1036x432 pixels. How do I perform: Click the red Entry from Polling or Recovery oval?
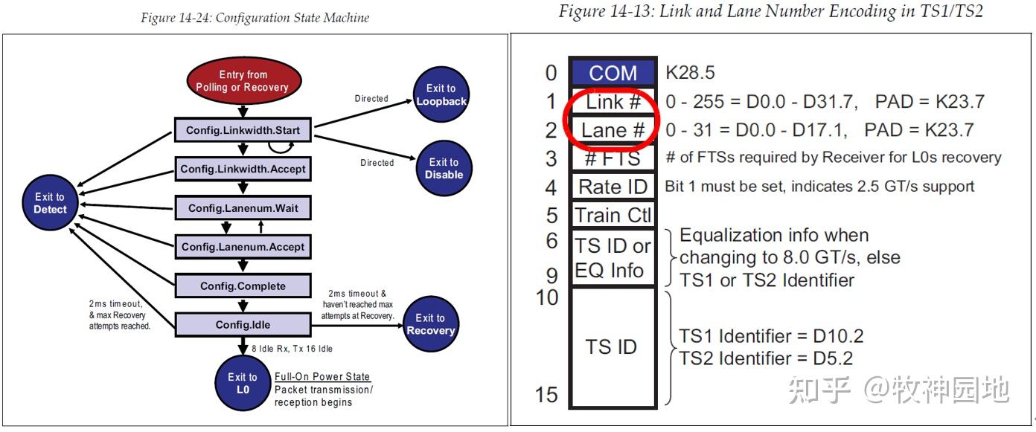(243, 81)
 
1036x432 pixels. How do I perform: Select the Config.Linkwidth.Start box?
(243, 130)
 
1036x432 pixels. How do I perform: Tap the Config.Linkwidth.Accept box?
(243, 169)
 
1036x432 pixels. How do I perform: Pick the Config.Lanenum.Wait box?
(243, 208)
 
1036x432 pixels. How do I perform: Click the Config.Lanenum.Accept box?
(243, 247)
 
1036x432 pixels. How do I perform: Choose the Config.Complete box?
(243, 286)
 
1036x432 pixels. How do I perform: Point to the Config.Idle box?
(243, 325)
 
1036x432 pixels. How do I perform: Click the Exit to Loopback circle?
(441, 94)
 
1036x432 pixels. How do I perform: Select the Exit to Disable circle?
(444, 168)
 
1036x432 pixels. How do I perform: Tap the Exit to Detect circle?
(50, 203)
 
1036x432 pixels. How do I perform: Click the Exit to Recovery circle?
(430, 324)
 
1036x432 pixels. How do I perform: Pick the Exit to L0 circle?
(243, 383)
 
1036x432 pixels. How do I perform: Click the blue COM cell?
(613, 73)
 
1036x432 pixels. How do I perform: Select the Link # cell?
(613, 102)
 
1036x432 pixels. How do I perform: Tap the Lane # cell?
(613, 130)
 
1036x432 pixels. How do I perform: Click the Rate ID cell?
(613, 187)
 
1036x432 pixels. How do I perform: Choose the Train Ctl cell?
(613, 216)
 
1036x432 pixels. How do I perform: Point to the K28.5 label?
(689, 73)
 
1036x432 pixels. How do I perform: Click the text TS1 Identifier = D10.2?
(771, 336)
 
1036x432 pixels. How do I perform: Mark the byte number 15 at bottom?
(548, 394)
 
